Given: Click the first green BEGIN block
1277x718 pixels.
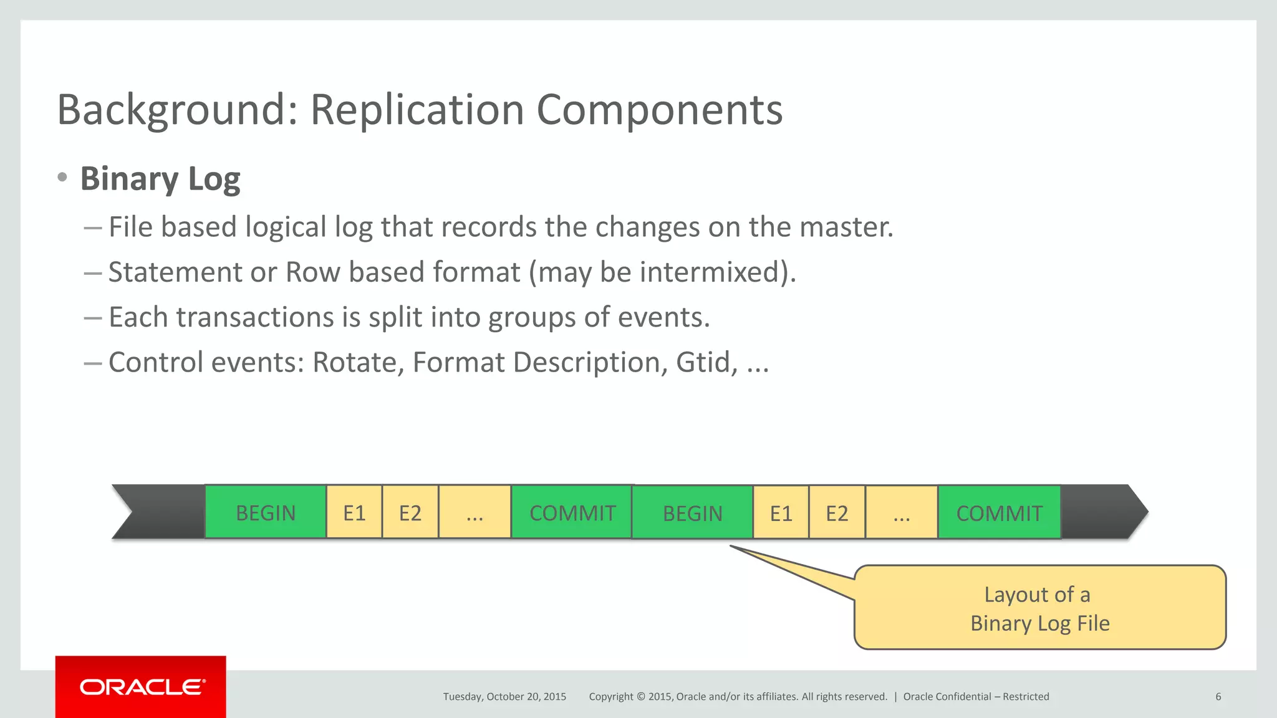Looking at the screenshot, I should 266,512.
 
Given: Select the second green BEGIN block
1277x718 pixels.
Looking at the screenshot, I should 692,513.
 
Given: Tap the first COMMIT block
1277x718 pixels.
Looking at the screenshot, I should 572,512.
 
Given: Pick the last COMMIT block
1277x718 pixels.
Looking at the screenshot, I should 999,513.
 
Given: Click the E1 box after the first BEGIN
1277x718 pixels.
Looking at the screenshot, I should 354,512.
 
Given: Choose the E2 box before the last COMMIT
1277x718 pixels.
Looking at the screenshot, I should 837,513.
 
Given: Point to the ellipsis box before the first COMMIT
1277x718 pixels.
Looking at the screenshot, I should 475,512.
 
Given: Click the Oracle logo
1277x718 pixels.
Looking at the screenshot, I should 141,687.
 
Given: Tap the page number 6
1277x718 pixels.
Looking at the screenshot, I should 1218,697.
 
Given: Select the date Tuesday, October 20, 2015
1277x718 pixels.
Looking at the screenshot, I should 504,697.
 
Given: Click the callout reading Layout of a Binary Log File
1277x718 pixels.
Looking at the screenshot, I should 1039,608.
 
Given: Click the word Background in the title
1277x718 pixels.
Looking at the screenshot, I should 177,110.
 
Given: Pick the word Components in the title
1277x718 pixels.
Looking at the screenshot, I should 659,110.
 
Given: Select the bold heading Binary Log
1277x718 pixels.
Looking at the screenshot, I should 160,179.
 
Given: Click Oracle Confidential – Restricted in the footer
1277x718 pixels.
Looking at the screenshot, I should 976,697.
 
